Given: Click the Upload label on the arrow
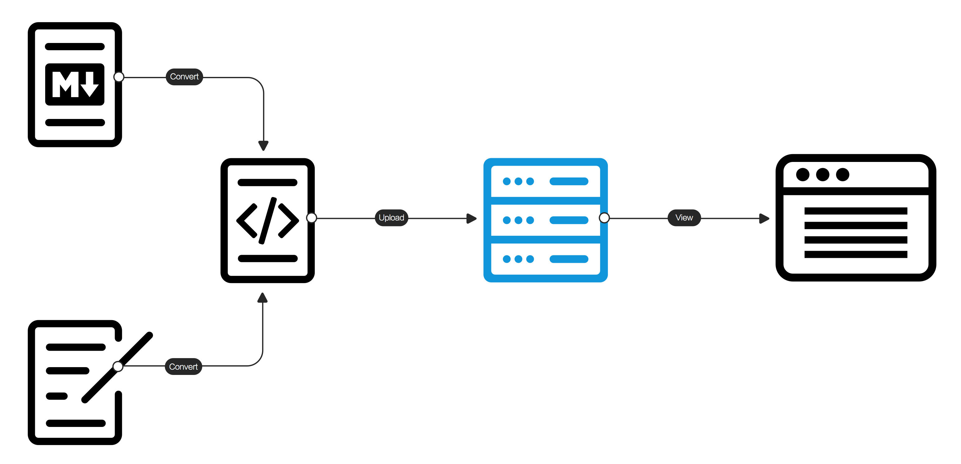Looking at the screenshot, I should [x=391, y=218].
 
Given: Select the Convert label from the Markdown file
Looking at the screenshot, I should [x=184, y=77].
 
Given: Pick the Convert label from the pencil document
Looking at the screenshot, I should [x=183, y=367].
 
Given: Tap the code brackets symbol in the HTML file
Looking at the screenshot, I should [x=267, y=220].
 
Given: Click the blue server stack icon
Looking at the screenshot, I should [x=545, y=220].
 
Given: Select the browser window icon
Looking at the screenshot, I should [x=855, y=218].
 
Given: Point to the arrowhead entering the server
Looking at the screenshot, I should [x=472, y=218].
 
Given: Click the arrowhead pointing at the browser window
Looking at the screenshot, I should [x=764, y=218].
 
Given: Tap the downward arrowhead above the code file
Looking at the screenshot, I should [x=263, y=146].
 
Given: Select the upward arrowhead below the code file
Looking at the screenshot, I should [x=263, y=297].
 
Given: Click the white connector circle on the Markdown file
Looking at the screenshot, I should [x=119, y=77].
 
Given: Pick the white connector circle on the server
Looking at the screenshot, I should [x=604, y=218].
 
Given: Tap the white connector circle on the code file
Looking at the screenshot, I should [x=312, y=218].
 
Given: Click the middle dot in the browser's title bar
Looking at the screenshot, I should [x=823, y=174].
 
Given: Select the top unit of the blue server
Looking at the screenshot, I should [x=545, y=182].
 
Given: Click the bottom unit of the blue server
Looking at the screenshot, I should [x=545, y=259].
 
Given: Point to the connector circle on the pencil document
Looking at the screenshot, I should [x=118, y=366].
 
